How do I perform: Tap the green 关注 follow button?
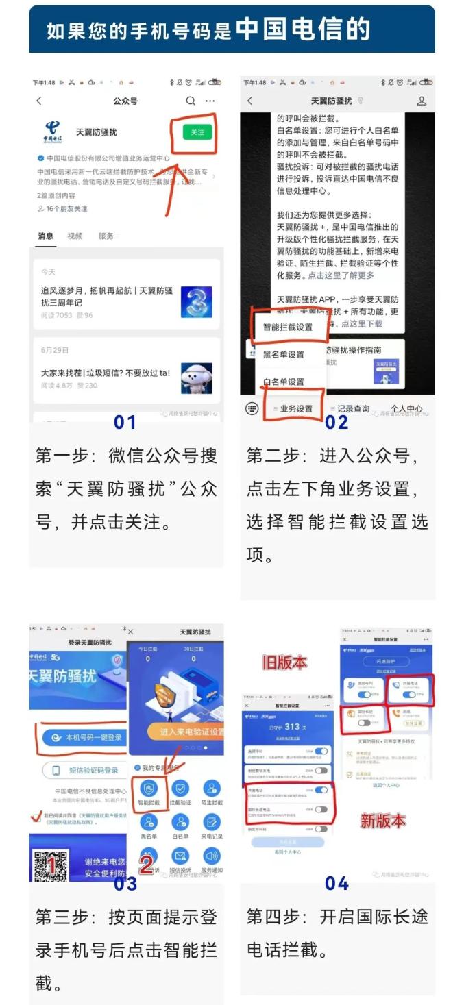click(x=197, y=132)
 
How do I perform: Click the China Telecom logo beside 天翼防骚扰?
click(x=53, y=131)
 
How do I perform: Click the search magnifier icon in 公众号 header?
click(x=191, y=101)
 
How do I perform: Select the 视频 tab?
click(x=75, y=236)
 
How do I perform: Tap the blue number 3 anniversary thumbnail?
click(x=196, y=301)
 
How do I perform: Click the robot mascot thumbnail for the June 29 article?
click(x=196, y=377)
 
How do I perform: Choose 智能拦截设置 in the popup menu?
click(x=288, y=327)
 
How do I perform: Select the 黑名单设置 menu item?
click(x=284, y=354)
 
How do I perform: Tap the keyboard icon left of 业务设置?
click(x=252, y=409)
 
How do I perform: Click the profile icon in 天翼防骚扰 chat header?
click(x=422, y=101)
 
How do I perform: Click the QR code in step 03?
click(x=51, y=865)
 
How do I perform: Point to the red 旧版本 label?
click(x=284, y=662)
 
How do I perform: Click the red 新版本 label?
click(x=382, y=820)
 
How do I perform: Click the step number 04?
click(x=337, y=884)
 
